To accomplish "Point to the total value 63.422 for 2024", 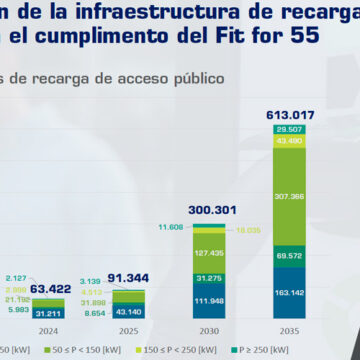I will (50, 289).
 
